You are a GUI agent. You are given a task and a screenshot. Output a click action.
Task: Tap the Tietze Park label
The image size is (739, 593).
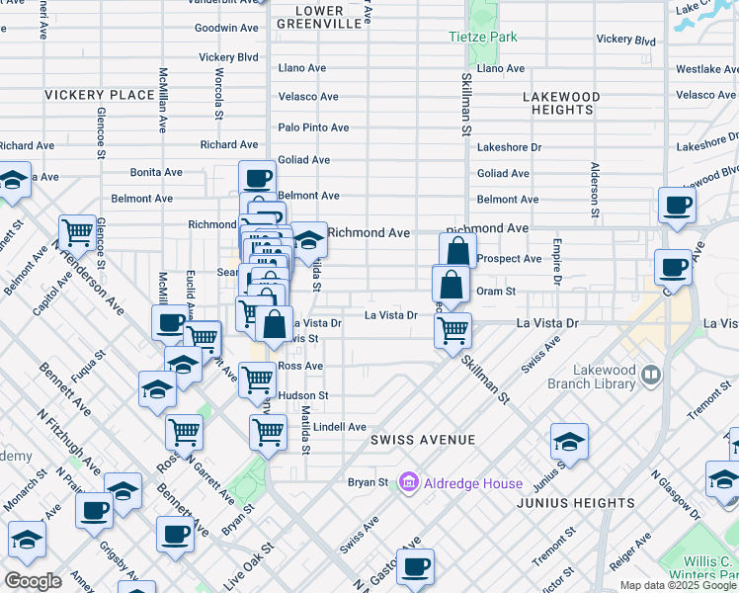click(x=483, y=37)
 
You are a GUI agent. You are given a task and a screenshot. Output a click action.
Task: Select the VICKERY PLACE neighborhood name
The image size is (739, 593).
click(x=99, y=95)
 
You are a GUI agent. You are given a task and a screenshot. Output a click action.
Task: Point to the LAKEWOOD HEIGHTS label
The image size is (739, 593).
click(x=561, y=103)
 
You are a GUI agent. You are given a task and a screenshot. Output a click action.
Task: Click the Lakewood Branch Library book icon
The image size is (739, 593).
click(x=650, y=375)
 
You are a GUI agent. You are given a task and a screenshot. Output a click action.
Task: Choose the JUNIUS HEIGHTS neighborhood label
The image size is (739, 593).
click(x=576, y=503)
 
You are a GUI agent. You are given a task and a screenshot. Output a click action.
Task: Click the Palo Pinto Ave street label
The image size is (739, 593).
click(x=313, y=127)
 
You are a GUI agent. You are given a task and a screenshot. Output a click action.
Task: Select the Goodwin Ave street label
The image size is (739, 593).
click(x=226, y=28)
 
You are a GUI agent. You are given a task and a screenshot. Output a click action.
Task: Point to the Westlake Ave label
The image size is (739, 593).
click(x=705, y=69)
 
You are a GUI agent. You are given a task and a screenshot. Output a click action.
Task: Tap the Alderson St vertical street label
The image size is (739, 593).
click(x=594, y=190)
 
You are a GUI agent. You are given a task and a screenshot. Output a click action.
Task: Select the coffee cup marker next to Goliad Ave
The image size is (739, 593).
click(x=257, y=178)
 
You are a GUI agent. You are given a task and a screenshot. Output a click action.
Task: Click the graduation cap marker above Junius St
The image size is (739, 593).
click(x=569, y=441)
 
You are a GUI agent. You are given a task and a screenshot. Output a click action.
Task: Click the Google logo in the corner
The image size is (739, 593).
click(x=34, y=580)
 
